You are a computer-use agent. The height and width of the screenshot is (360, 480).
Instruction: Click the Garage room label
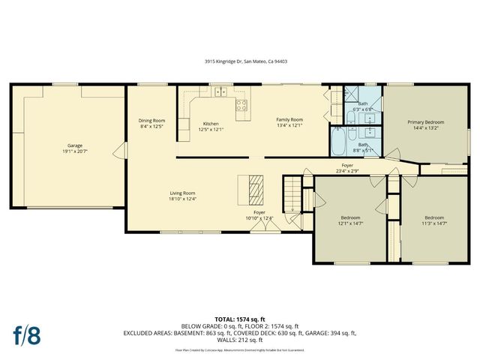[x=75, y=145]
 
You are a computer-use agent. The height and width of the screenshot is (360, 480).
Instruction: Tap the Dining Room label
[x=151, y=121]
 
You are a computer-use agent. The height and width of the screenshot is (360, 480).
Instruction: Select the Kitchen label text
[x=211, y=124]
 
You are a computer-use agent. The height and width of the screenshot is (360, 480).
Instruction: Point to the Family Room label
[x=289, y=120]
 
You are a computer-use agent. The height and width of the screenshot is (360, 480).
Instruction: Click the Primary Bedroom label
[x=425, y=122]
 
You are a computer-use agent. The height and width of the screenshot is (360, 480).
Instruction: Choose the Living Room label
[x=182, y=193]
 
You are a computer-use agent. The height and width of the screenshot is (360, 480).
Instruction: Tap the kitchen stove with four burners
[x=241, y=106]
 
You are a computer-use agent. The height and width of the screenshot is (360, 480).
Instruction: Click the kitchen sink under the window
[x=220, y=93]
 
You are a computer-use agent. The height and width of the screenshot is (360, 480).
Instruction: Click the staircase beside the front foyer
[x=291, y=194]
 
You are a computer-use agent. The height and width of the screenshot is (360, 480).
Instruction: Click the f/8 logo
[x=26, y=334]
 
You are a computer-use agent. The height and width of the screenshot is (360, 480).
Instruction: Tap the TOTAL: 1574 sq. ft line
[x=240, y=319]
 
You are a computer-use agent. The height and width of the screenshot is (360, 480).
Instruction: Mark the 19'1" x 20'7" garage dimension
[x=75, y=151]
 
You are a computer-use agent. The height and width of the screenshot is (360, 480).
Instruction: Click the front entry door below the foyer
[x=259, y=227]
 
